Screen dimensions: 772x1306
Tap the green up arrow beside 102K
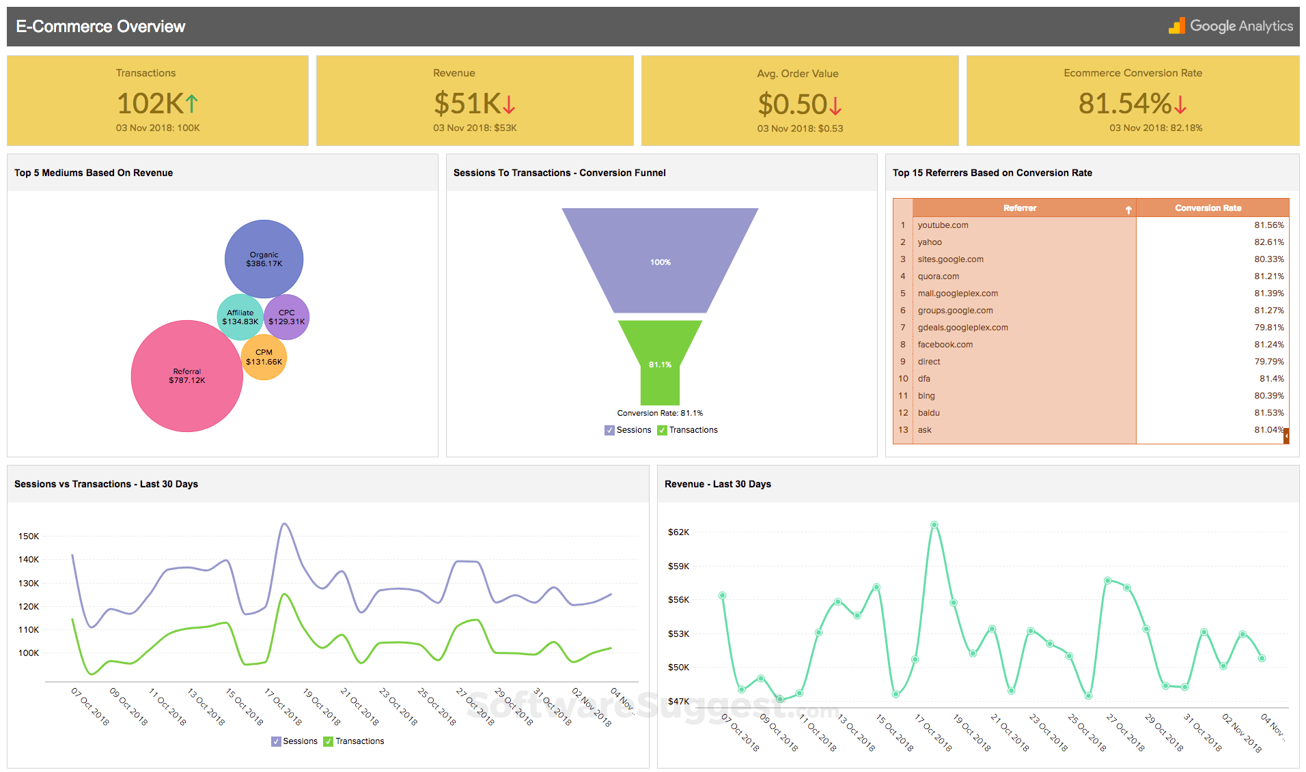[192, 104]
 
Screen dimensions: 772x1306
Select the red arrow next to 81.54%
[1181, 104]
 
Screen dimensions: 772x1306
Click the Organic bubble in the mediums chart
[264, 259]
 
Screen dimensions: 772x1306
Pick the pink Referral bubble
[186, 376]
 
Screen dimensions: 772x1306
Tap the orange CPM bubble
[264, 357]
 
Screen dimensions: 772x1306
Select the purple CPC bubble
[287, 317]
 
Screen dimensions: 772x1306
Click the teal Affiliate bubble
[240, 317]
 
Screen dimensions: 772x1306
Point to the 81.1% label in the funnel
[660, 364]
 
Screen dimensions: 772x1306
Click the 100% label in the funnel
[660, 262]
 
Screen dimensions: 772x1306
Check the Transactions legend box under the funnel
[662, 430]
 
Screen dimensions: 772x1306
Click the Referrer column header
[1020, 208]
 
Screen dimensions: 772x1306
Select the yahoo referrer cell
[930, 242]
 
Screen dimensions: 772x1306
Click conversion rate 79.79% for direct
[1268, 362]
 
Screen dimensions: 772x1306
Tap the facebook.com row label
[945, 345]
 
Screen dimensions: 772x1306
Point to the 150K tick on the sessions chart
[29, 537]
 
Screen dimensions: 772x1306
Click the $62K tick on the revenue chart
[678, 532]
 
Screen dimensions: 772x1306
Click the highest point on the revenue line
[934, 525]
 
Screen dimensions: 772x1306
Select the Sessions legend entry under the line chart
[295, 741]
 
